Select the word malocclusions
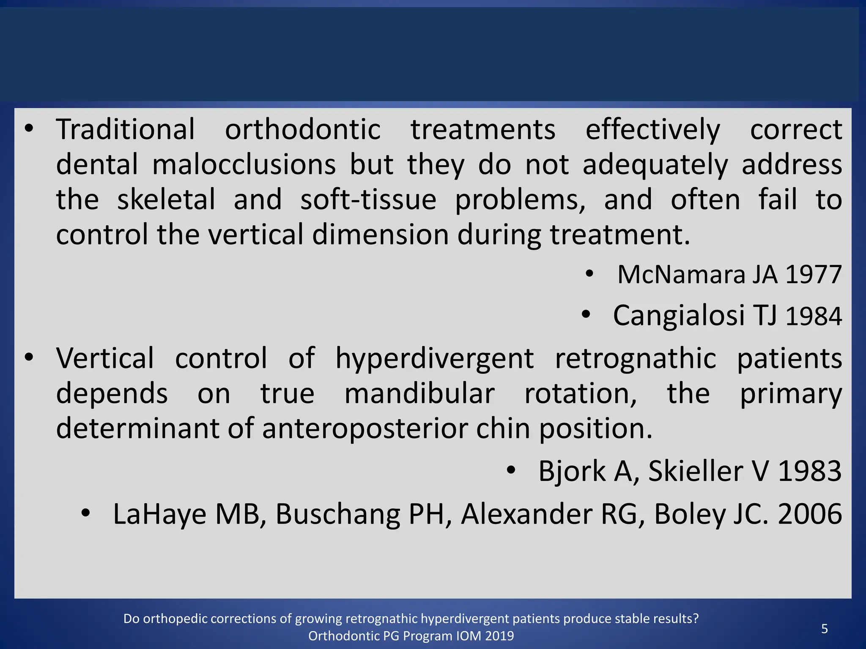(244, 164)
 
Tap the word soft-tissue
(368, 199)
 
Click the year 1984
(814, 316)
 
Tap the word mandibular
(419, 394)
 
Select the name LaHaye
(159, 514)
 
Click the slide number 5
(824, 629)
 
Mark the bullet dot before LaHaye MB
(86, 513)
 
